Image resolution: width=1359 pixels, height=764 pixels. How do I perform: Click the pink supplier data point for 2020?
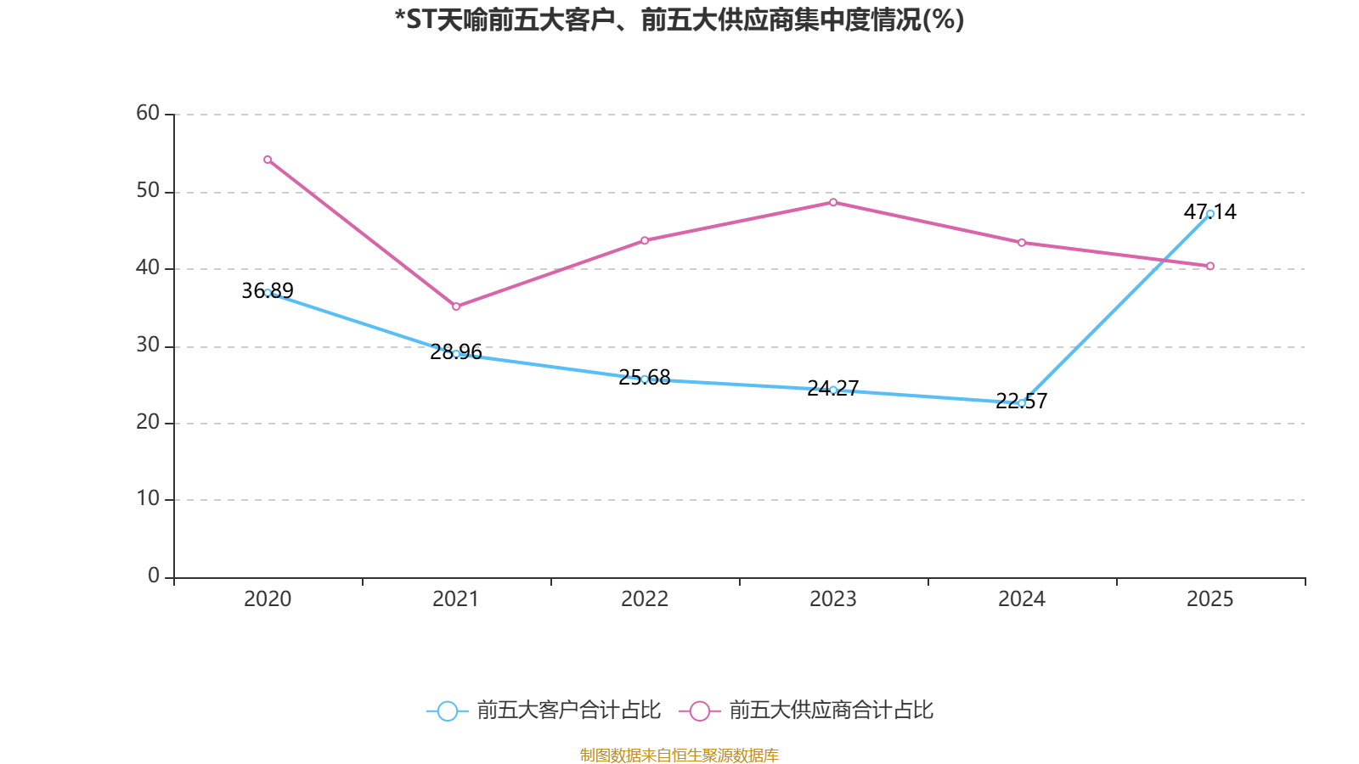click(x=268, y=160)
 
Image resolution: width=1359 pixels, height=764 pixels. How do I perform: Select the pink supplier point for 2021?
click(x=456, y=306)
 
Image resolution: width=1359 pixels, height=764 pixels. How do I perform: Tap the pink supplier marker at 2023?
click(x=833, y=202)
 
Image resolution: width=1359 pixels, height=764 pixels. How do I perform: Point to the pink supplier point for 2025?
click(x=1210, y=266)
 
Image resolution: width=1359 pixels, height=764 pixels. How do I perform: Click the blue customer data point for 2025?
click(x=1210, y=214)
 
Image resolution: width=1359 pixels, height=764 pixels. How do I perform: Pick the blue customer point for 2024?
click(x=1022, y=403)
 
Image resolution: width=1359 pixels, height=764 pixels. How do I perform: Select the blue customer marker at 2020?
click(x=268, y=293)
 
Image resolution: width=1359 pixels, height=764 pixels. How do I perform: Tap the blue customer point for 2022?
click(x=645, y=379)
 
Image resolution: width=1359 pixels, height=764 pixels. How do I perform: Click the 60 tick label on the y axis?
click(x=148, y=113)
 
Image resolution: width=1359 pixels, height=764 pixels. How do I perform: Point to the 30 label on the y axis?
click(x=148, y=345)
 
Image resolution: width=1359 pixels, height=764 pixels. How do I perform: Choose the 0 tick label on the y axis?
click(x=154, y=576)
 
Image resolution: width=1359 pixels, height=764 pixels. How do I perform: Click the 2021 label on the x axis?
click(x=456, y=599)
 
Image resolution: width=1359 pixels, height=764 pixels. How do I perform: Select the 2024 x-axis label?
click(x=1022, y=599)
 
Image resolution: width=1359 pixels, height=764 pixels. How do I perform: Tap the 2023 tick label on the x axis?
click(x=833, y=599)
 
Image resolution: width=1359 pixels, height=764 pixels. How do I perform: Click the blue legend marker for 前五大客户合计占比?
click(x=447, y=711)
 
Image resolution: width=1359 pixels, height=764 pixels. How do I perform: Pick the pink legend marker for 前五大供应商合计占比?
click(x=699, y=711)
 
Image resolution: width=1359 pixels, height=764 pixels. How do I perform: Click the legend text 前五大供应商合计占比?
click(x=831, y=711)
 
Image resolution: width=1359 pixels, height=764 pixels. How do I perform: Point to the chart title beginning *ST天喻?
click(x=679, y=20)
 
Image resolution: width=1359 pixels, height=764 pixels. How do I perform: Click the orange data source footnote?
click(x=679, y=755)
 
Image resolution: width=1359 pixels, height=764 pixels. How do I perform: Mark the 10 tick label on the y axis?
click(x=148, y=498)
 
